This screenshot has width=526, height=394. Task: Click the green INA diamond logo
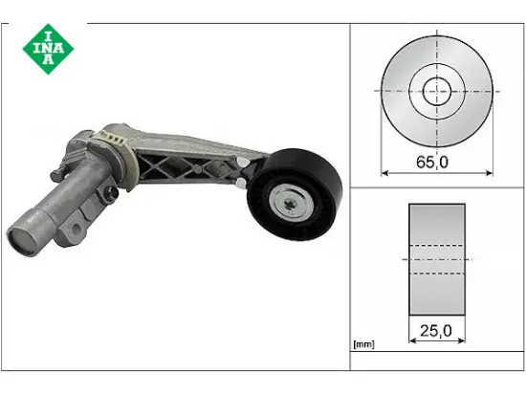coord(49,49)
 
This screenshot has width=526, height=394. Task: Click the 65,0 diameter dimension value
coord(432,162)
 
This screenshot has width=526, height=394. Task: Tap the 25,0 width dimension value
coord(436,331)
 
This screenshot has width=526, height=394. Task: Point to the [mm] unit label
coord(363,344)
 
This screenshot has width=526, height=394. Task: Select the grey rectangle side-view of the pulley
coord(437,259)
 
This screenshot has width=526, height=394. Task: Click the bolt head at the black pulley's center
coord(289,203)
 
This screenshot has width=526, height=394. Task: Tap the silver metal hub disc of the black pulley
coord(292,203)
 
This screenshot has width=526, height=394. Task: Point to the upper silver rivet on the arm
coord(240,162)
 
